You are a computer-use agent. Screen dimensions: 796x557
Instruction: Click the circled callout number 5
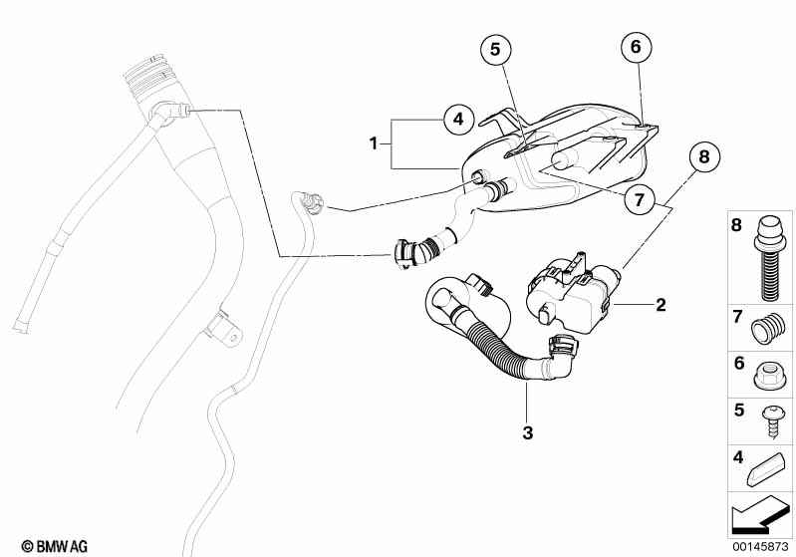(495, 49)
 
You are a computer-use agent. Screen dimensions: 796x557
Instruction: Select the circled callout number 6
(636, 47)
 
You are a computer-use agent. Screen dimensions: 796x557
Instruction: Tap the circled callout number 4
(458, 120)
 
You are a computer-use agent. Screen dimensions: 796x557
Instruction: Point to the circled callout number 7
(640, 199)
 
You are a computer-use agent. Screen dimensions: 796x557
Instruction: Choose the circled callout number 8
(704, 156)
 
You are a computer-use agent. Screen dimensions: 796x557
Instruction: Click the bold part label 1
(374, 143)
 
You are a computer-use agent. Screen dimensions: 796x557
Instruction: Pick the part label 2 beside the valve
(661, 305)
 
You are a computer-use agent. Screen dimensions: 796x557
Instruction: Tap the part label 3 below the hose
(528, 433)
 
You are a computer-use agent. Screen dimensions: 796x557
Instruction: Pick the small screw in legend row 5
(771, 420)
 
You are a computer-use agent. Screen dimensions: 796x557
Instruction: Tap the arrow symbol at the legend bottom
(759, 513)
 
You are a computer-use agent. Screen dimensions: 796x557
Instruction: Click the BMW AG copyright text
(55, 546)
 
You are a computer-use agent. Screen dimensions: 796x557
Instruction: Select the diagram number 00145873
(760, 546)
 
